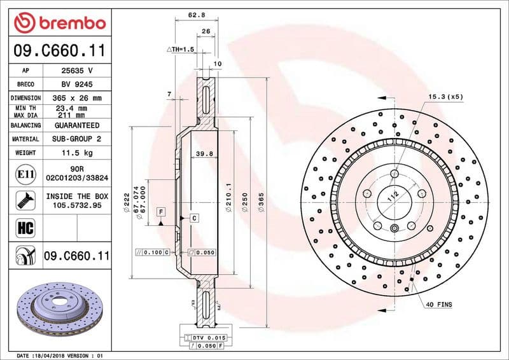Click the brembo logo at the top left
click(x=59, y=23)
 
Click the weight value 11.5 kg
click(x=76, y=153)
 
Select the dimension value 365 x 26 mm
click(x=76, y=98)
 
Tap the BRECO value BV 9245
click(x=76, y=84)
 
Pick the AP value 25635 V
click(x=76, y=71)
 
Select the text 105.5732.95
click(x=76, y=206)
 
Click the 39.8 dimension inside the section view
click(x=203, y=153)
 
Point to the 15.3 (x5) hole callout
click(x=445, y=96)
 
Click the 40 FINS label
click(x=439, y=305)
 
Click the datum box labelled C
click(x=194, y=218)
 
